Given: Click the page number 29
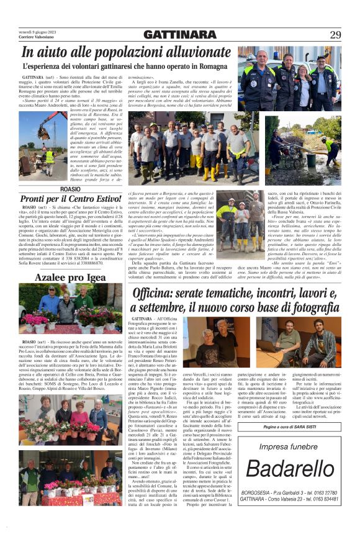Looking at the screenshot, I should click(335, 34).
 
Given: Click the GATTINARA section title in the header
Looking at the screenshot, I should click(180, 35).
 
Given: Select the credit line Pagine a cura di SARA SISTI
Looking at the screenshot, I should click(287, 428).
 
